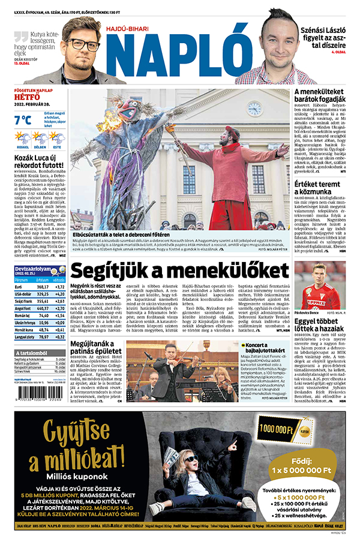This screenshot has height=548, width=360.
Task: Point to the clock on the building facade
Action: click(254, 109)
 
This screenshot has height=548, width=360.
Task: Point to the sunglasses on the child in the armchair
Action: click(190, 459)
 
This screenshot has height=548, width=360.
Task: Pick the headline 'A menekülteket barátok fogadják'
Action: click(320, 97)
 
